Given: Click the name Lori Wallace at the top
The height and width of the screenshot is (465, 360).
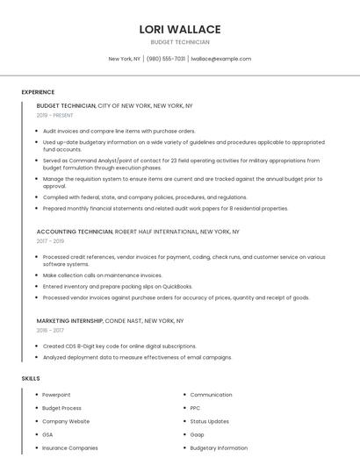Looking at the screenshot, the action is pyautogui.click(x=179, y=29).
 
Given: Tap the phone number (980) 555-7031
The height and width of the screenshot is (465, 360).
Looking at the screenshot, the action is pyautogui.click(x=166, y=59).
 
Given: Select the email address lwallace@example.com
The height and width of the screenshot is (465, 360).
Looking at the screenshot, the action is pyautogui.click(x=220, y=59).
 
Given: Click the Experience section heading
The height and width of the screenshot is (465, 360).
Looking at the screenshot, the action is pyautogui.click(x=38, y=92).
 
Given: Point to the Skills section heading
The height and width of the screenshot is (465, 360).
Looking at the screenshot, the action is pyautogui.click(x=31, y=378).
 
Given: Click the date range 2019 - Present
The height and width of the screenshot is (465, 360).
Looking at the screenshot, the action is pyautogui.click(x=54, y=115).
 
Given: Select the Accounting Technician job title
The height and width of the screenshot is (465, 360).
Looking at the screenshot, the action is pyautogui.click(x=75, y=232).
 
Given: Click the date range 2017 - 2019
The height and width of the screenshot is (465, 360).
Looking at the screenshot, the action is pyautogui.click(x=50, y=241).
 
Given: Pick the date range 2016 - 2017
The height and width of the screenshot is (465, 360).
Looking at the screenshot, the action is pyautogui.click(x=50, y=331).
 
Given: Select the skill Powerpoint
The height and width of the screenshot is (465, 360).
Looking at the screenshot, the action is pyautogui.click(x=56, y=395).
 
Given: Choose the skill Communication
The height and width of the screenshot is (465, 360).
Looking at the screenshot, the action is pyautogui.click(x=211, y=395).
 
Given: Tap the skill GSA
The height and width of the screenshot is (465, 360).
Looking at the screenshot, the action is pyautogui.click(x=48, y=434).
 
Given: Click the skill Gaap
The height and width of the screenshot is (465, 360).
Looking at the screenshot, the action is pyautogui.click(x=198, y=434).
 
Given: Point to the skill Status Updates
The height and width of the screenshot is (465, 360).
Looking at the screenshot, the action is pyautogui.click(x=209, y=421).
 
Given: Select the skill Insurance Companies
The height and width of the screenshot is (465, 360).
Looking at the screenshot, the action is pyautogui.click(x=70, y=447).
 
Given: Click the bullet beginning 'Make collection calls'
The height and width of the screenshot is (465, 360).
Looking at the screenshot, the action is pyautogui.click(x=102, y=275).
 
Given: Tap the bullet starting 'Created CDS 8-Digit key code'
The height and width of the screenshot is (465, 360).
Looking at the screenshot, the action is pyautogui.click(x=119, y=347).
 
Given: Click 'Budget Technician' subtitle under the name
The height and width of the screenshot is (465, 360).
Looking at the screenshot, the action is pyautogui.click(x=180, y=42).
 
